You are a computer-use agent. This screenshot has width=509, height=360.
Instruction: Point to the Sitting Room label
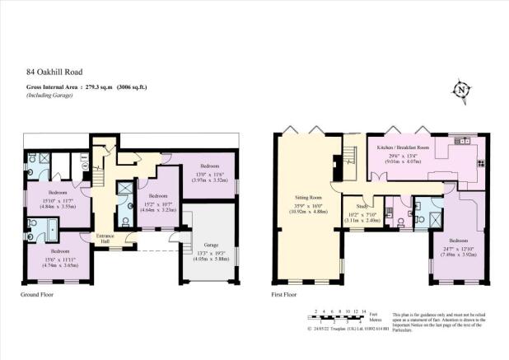coord(308,198)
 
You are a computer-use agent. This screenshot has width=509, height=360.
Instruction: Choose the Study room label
coord(361,206)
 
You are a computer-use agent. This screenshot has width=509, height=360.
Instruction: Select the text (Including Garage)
coord(41,97)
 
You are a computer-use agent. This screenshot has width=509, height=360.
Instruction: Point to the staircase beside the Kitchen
coord(349,154)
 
